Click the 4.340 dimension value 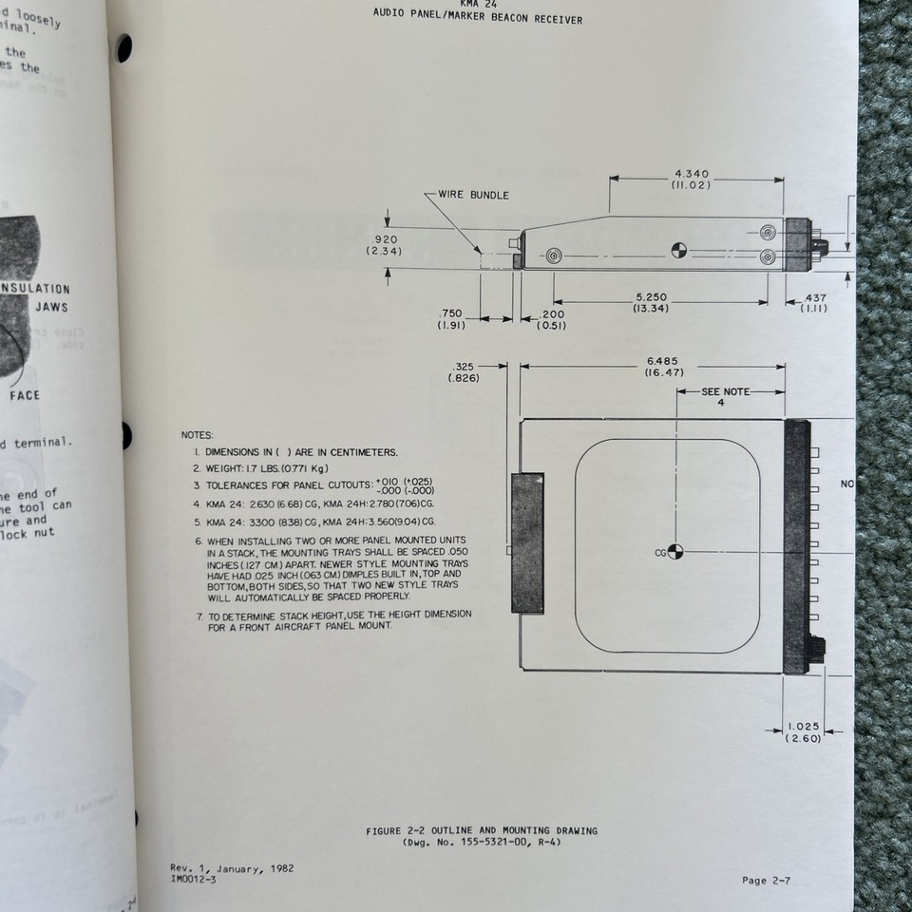click(x=692, y=174)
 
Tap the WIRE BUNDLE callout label click(x=473, y=195)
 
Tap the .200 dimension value click(x=552, y=314)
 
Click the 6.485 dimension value click(x=663, y=361)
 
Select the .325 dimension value click(x=465, y=366)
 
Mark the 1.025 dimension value click(x=803, y=727)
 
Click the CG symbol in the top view click(x=675, y=552)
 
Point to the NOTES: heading click(x=198, y=434)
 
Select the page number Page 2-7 click(x=766, y=880)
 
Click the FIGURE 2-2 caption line click(x=482, y=830)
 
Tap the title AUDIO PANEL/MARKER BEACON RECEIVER click(x=479, y=19)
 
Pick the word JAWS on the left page click(x=51, y=308)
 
